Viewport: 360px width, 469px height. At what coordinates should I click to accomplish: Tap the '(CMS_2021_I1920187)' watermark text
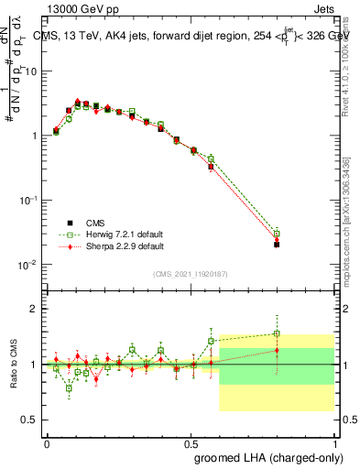pos(190,273)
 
